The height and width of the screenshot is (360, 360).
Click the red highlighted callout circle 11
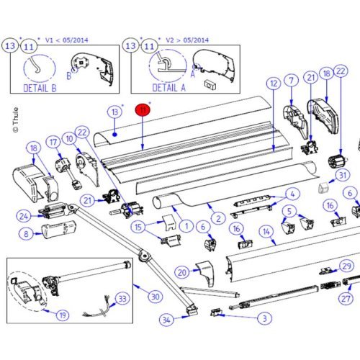[x=143, y=109]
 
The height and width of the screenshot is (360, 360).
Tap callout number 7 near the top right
[x=292, y=81]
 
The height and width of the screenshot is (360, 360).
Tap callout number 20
[x=181, y=271]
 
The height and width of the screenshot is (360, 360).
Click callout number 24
[x=24, y=215]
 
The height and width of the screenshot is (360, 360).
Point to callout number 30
[x=155, y=296]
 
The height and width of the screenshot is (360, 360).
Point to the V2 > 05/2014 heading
[x=189, y=40]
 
